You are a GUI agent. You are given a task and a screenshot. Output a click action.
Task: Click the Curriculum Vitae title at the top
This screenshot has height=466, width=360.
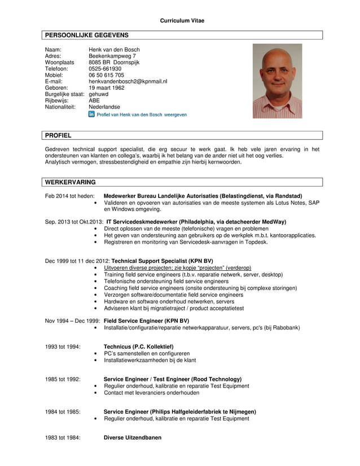(x=182, y=21)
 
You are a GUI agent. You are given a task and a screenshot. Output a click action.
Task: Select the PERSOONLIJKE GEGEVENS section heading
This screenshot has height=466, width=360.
(x=87, y=35)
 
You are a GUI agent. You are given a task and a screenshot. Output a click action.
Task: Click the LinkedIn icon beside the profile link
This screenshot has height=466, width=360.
(x=92, y=114)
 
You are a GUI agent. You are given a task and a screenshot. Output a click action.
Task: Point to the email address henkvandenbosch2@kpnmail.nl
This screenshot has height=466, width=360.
(x=128, y=81)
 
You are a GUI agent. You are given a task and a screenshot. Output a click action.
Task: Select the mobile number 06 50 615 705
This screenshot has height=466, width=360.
(x=107, y=75)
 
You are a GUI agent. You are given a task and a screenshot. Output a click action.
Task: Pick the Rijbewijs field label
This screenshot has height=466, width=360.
(x=56, y=101)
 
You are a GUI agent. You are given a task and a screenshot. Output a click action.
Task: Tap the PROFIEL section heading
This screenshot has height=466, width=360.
(x=58, y=135)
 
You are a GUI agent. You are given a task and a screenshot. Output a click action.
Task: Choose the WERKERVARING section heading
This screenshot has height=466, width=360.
(x=71, y=182)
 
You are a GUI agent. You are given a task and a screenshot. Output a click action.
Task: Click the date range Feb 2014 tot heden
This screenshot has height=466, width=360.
(x=69, y=196)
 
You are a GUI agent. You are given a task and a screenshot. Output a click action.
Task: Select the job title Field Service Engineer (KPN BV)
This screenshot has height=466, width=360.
(x=146, y=320)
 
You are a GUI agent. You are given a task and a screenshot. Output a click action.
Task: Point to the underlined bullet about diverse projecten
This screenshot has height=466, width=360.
(x=177, y=267)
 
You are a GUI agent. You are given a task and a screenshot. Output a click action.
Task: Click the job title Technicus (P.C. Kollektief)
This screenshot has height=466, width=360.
(x=139, y=346)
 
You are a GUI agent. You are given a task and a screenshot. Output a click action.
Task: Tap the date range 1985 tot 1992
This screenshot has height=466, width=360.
(x=63, y=379)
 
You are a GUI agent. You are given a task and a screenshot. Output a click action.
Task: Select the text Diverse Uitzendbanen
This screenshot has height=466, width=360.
(x=133, y=437)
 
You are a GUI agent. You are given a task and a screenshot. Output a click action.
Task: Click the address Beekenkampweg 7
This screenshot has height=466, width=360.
(x=112, y=56)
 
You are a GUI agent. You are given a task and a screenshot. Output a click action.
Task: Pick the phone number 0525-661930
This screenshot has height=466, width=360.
(x=105, y=69)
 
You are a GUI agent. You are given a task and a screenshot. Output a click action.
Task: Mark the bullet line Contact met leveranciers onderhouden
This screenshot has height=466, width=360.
(x=152, y=393)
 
